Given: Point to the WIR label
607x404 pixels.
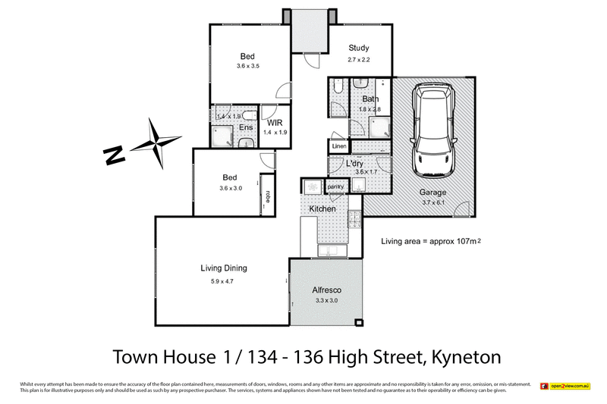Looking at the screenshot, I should pyautogui.click(x=274, y=122).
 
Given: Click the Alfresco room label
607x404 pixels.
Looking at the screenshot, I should pyautogui.click(x=328, y=290).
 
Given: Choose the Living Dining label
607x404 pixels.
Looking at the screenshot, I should pyautogui.click(x=224, y=268).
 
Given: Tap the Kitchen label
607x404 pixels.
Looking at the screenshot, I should pyautogui.click(x=322, y=208).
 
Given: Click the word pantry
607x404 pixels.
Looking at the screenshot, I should pyautogui.click(x=335, y=186).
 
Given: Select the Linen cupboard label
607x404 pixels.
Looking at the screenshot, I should pyautogui.click(x=338, y=146).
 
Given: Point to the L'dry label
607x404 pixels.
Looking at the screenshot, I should pyautogui.click(x=355, y=164).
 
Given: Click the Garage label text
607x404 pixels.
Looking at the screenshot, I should pyautogui.click(x=433, y=192).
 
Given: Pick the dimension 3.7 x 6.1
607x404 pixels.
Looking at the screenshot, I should pyautogui.click(x=433, y=202).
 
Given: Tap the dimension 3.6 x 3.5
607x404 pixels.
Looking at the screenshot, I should pyautogui.click(x=248, y=67).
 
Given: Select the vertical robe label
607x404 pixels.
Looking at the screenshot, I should pyautogui.click(x=267, y=194).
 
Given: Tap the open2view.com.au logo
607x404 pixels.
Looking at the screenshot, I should pyautogui.click(x=565, y=387).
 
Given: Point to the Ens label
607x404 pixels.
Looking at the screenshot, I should pyautogui.click(x=246, y=127).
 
